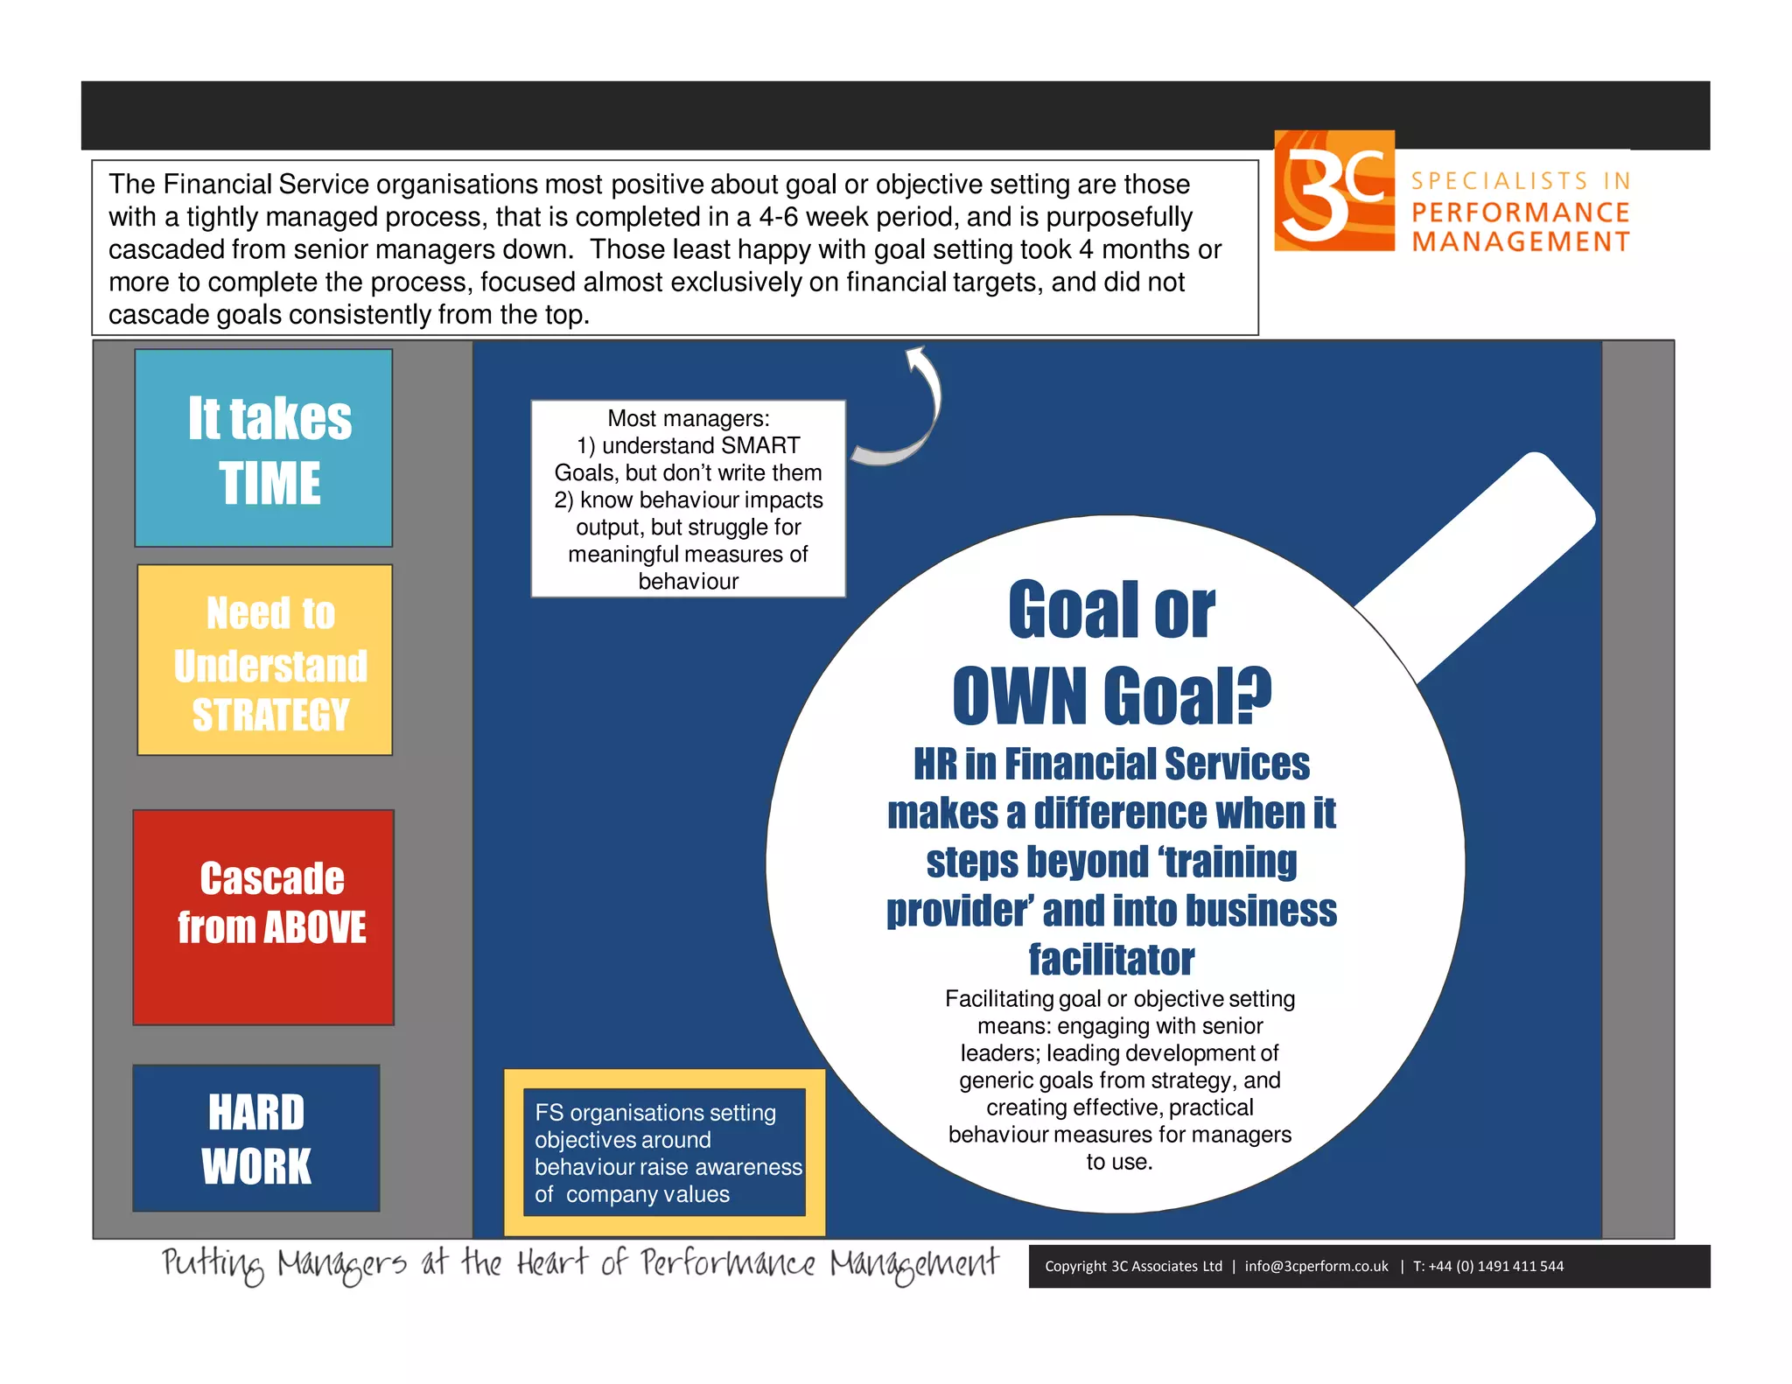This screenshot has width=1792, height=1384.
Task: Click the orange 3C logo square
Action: (1333, 191)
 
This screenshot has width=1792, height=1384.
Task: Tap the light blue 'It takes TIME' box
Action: (263, 448)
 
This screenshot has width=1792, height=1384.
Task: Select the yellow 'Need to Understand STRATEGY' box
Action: (264, 660)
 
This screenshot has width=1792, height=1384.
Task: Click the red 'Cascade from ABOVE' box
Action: (263, 917)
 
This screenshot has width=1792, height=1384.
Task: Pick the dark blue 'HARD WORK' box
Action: (256, 1137)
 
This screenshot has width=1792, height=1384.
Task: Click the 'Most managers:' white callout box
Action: (688, 499)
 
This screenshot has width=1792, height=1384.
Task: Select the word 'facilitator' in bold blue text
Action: (1111, 960)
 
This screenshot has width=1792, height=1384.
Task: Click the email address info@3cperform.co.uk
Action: (1316, 1266)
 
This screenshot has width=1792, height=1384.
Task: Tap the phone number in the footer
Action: (1496, 1266)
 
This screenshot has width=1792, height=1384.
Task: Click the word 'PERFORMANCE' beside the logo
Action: (1520, 213)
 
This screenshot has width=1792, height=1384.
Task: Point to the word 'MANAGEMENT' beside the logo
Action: (1521, 241)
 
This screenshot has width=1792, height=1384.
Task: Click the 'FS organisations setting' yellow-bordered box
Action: (664, 1152)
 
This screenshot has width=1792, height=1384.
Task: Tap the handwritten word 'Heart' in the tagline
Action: (551, 1263)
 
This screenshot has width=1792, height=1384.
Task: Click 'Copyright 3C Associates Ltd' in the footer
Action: (1133, 1266)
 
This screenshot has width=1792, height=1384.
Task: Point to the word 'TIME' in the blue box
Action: (269, 484)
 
